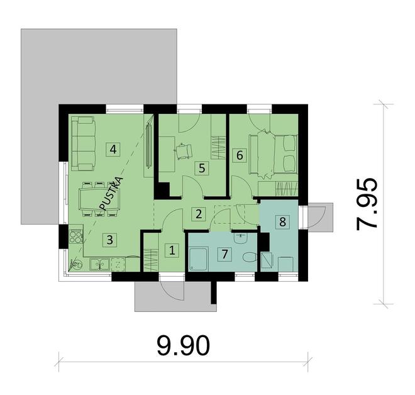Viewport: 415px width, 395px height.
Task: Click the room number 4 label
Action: tap(113, 150)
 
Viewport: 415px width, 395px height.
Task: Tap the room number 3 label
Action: tap(109, 239)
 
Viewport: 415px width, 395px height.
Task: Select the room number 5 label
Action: tap(201, 168)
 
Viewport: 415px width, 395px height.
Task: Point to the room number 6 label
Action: tap(238, 155)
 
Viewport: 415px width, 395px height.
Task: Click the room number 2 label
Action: tap(199, 213)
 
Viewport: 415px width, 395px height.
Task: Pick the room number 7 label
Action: tap(222, 253)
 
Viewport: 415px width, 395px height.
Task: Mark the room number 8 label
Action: tap(282, 221)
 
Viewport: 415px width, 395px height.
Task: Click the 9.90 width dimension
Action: tap(182, 345)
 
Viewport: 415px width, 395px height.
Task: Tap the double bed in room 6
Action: tap(275, 153)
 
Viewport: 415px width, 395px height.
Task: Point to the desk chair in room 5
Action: tap(184, 152)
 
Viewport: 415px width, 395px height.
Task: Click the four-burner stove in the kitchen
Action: tap(75, 237)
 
